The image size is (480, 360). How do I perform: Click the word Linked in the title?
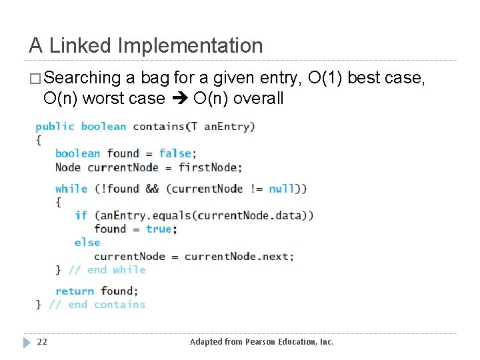point(81,46)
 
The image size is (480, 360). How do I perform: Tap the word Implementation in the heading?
point(190,46)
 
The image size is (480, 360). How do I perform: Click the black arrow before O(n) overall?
point(179,99)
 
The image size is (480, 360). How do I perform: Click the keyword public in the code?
point(55,127)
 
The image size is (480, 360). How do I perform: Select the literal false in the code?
point(175,153)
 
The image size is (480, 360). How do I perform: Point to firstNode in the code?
point(210,167)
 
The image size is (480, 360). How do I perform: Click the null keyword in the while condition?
point(281,189)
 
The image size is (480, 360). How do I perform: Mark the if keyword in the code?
point(81,215)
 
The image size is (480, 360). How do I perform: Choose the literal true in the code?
point(159,229)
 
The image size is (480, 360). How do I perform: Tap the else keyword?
point(87,243)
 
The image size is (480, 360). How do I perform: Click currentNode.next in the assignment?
point(237,256)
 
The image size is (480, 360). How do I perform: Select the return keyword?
point(74,291)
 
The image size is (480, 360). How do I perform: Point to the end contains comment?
point(97,305)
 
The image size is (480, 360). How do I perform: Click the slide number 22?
point(42,342)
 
